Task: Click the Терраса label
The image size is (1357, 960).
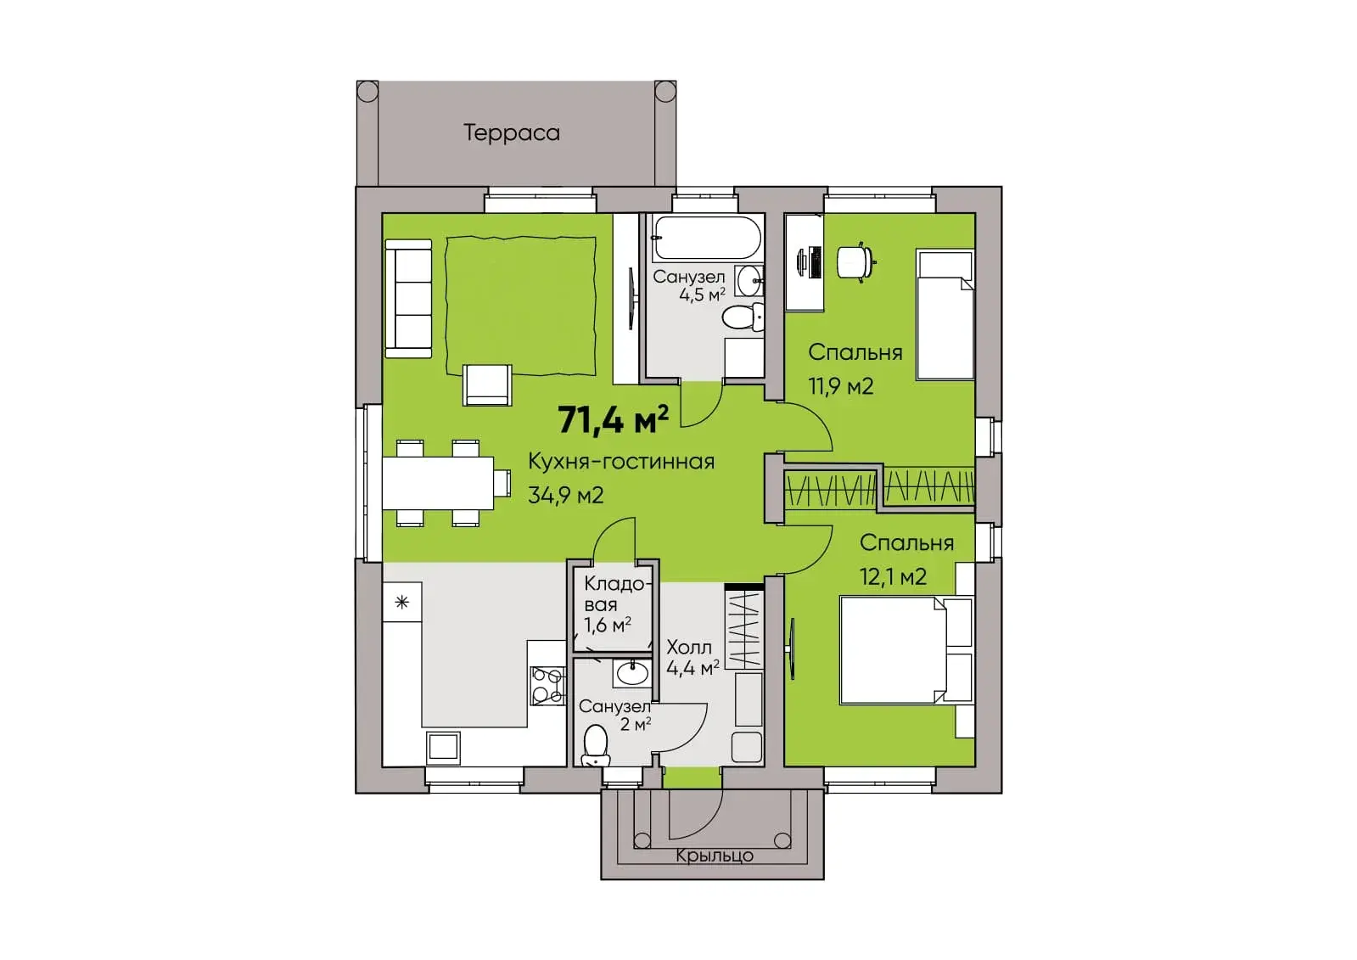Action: point(511,132)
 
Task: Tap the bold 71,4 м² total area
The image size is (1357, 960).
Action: point(613,419)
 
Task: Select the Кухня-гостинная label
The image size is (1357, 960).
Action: point(621,462)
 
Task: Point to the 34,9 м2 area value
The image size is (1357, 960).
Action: point(566,495)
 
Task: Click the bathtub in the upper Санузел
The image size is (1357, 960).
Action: point(706,238)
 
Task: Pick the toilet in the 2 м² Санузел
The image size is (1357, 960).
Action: point(595,745)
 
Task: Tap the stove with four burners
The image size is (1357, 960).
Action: point(547,686)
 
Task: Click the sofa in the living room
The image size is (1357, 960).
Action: point(408,298)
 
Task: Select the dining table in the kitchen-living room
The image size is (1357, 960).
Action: point(438,483)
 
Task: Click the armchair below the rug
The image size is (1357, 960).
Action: point(487,385)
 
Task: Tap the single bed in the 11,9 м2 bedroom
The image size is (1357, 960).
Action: point(945,314)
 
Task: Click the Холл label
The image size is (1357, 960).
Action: point(689,648)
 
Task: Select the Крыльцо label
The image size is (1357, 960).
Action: point(715,856)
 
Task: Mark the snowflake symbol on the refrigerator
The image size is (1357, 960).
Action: point(401,603)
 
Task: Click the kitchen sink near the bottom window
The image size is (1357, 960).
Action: point(444,747)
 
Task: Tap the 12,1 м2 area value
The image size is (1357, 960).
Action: point(893,576)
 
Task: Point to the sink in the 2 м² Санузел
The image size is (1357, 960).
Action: point(632,673)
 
